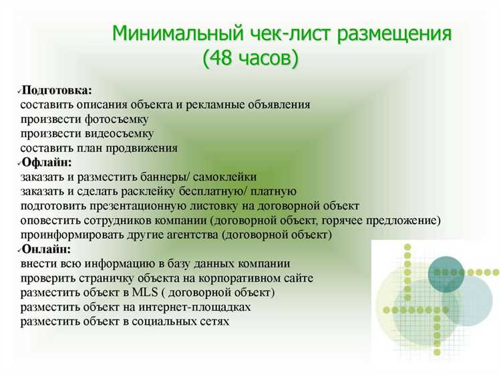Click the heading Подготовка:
click(57, 90)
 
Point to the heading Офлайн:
click(47, 162)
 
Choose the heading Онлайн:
click(46, 249)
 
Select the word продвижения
click(146, 148)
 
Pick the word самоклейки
click(227, 176)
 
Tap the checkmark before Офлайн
click(18, 162)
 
